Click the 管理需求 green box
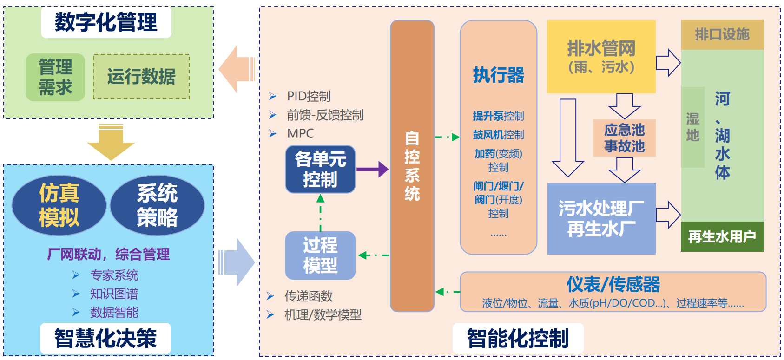point(55,77)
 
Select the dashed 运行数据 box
point(141,77)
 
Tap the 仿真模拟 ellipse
point(59,205)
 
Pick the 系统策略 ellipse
point(157,205)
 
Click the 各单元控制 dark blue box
point(320,170)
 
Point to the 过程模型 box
point(320,255)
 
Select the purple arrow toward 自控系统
point(372,170)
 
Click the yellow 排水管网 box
point(601,57)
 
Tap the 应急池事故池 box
point(624,138)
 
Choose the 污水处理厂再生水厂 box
point(601,219)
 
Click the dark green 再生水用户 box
point(722,237)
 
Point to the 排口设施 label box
point(722,34)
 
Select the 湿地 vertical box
point(692,127)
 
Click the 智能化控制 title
point(518,338)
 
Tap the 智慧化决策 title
point(105,338)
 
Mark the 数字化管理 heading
point(106,22)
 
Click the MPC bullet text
point(300,134)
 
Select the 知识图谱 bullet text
point(114,294)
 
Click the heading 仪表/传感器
point(613,284)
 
